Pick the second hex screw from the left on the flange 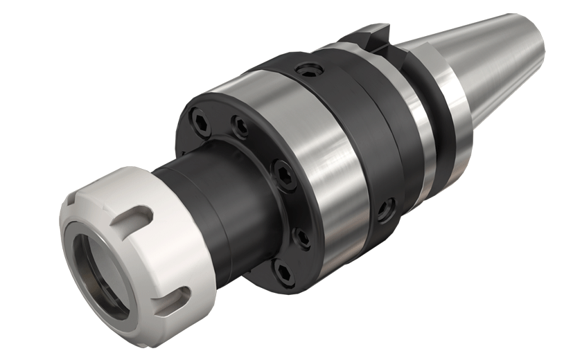point(240,127)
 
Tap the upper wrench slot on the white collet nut point(139,214)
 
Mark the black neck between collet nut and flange point(208,208)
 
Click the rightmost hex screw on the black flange point(303,237)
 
